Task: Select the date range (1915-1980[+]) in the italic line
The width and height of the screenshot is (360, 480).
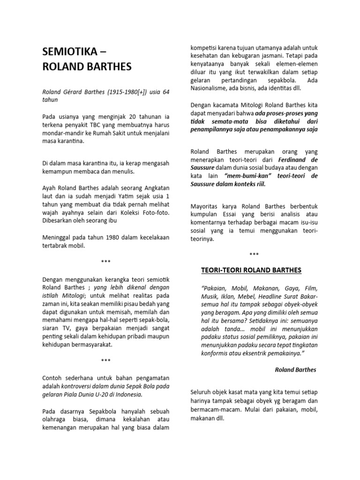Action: pos(118,91)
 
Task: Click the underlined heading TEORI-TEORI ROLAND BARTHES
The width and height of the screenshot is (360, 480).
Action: pos(251,270)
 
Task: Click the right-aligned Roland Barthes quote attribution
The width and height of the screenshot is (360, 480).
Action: pos(295,370)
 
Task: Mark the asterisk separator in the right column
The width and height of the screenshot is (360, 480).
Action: pos(254,255)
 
